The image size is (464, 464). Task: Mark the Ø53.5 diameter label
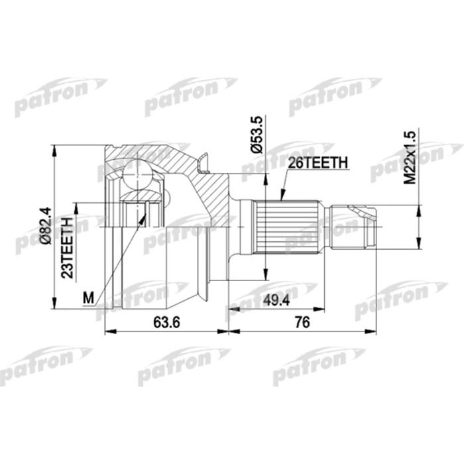click(257, 135)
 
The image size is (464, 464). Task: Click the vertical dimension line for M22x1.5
click(418, 225)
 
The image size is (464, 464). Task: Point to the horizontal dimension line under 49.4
click(278, 310)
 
